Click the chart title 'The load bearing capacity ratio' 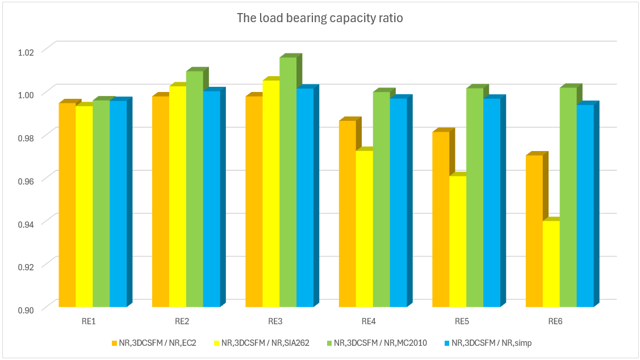click(320, 18)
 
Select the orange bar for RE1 click(68, 204)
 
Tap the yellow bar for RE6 click(551, 264)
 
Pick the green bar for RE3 click(288, 182)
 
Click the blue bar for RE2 click(211, 199)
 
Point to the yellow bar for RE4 click(365, 228)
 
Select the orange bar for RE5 click(441, 219)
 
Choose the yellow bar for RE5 click(458, 241)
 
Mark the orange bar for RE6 click(534, 231)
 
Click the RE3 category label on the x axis click(275, 322)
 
